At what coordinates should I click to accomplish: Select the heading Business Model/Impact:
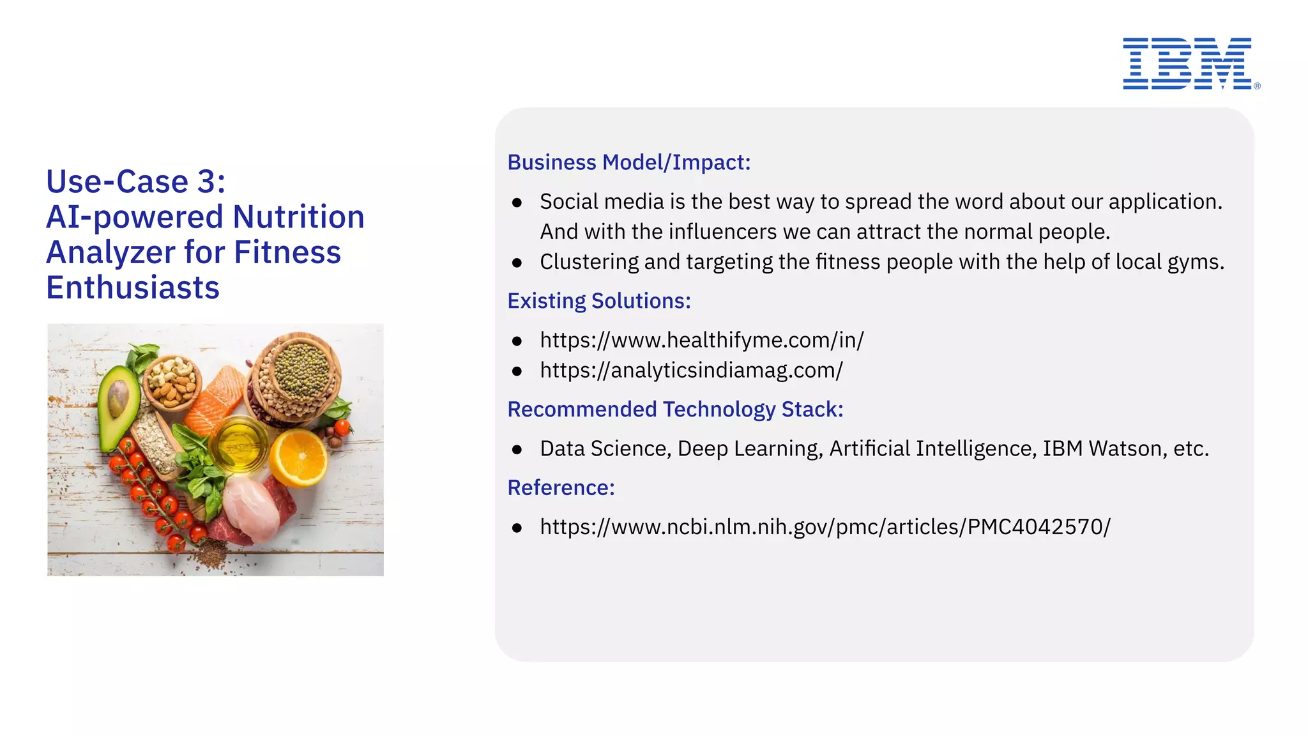[x=628, y=162]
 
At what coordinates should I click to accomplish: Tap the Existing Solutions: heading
[x=599, y=300]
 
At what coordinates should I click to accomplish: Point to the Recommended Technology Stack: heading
[x=675, y=409]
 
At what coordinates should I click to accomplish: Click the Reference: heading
[x=561, y=487]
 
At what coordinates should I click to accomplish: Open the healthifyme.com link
[x=701, y=340]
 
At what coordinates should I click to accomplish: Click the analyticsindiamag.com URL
[x=691, y=370]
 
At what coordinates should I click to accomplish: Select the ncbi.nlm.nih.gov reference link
[x=825, y=526]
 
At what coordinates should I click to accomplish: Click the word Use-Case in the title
[x=117, y=181]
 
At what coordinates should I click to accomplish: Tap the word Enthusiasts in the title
[x=133, y=287]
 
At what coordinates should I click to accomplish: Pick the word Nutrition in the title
[x=298, y=217]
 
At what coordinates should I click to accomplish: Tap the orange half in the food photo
[x=298, y=456]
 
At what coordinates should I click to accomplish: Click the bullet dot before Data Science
[x=517, y=450]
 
